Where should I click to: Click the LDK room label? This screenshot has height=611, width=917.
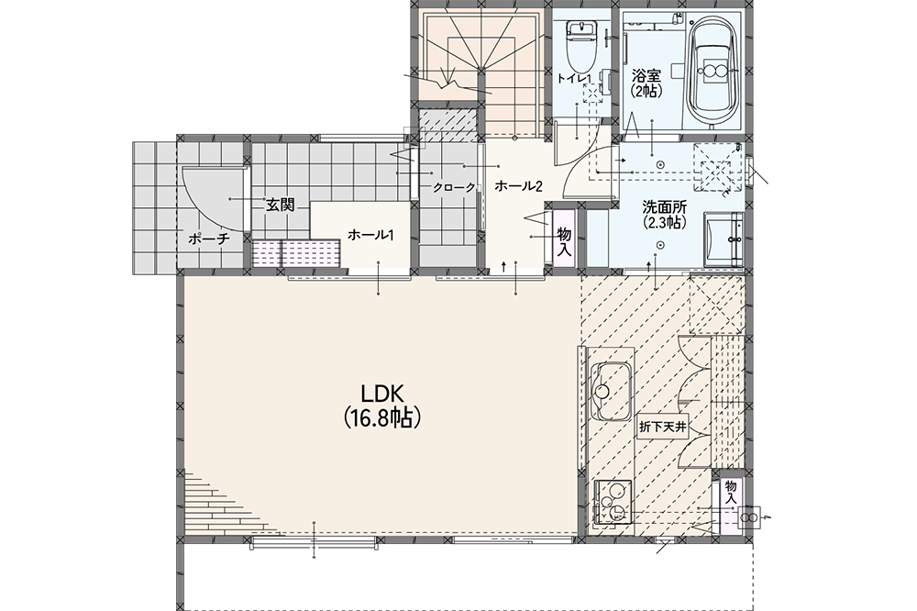coord(382,392)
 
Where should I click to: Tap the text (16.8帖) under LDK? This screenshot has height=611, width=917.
coord(382,417)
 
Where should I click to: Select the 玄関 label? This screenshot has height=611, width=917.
coord(280,205)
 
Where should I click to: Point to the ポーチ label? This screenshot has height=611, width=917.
coord(209,239)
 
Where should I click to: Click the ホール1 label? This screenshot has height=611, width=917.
coord(370,235)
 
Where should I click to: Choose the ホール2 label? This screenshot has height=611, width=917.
coord(519,186)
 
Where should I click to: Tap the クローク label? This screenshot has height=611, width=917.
coord(454,188)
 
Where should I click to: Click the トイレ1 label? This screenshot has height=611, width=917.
coord(574,78)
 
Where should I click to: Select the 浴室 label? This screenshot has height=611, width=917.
coord(646,75)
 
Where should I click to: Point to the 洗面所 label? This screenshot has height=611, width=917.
coord(664,206)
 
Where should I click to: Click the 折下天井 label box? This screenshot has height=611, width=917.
coord(662,428)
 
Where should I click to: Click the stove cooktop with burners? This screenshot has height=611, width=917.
coord(613,502)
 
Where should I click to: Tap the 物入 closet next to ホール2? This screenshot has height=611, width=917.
coord(564,239)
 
